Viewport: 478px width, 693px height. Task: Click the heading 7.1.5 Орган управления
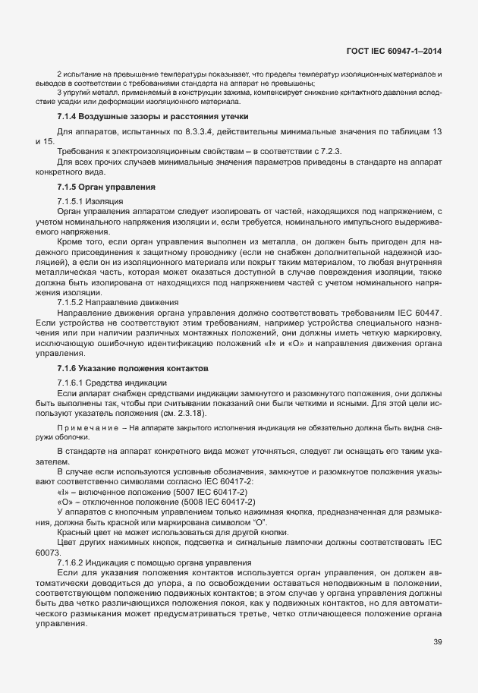tap(106, 186)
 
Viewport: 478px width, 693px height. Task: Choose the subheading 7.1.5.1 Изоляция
tap(88, 200)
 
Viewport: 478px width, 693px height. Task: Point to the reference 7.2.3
tap(329, 152)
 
